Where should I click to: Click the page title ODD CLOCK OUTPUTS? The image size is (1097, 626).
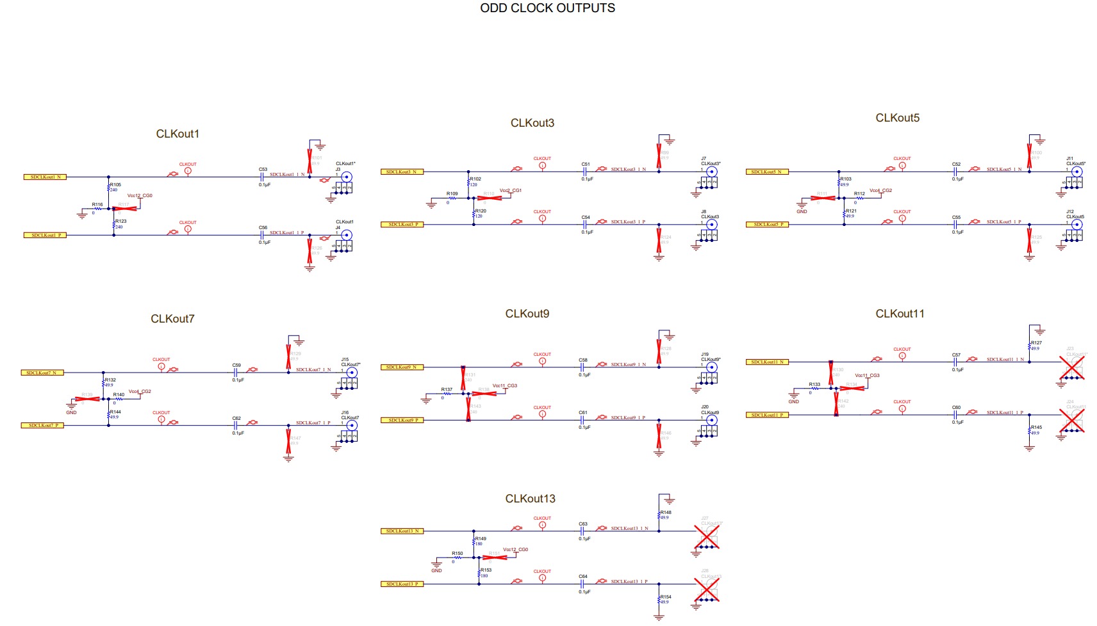pyautogui.click(x=547, y=8)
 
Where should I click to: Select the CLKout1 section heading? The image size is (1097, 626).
pyautogui.click(x=177, y=134)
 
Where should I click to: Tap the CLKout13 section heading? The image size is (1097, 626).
pyautogui.click(x=530, y=499)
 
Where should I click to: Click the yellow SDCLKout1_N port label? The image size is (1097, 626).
pyautogui.click(x=45, y=177)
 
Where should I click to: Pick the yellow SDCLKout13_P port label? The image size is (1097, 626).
pyautogui.click(x=402, y=584)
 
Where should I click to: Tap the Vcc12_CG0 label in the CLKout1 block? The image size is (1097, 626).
pyautogui.click(x=140, y=196)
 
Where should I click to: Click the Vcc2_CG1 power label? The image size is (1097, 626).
pyautogui.click(x=511, y=191)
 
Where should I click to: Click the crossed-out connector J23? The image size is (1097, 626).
pyautogui.click(x=1071, y=368)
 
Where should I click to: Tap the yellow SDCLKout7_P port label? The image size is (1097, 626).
pyautogui.click(x=43, y=425)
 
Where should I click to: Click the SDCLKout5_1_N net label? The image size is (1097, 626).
pyautogui.click(x=1003, y=170)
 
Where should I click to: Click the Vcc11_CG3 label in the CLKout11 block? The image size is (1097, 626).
pyautogui.click(x=867, y=376)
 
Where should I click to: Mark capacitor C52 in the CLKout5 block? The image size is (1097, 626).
pyautogui.click(x=955, y=172)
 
